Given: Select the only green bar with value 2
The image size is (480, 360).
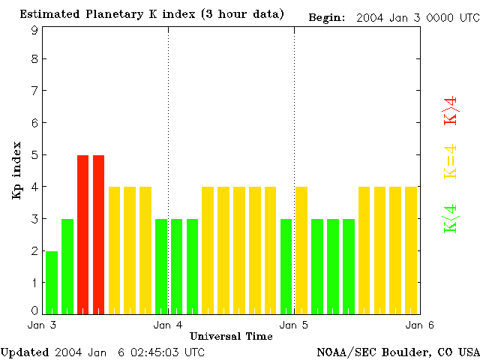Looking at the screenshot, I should point(52,282).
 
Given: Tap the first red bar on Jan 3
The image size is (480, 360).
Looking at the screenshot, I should point(83,234).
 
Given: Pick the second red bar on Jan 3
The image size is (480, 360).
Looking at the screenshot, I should point(98,234).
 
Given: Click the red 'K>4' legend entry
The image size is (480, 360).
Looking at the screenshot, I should point(451,110).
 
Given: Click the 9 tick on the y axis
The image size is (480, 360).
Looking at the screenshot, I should point(34,30).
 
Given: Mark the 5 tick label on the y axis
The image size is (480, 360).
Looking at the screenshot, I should point(34,155).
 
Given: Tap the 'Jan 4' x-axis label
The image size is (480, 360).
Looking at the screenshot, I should point(168,325).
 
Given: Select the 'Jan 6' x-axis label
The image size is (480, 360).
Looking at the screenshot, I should point(419,325).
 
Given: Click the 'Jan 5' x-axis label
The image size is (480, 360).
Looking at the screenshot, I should point(294,325).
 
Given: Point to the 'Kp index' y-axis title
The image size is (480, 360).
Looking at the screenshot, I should point(16,170).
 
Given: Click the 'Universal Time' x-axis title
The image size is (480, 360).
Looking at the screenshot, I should point(231,336).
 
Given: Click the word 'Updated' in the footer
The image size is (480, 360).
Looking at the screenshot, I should point(25,352).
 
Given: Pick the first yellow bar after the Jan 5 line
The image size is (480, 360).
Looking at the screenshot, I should point(301,250).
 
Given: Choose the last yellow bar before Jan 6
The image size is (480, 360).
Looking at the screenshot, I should point(411,250).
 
